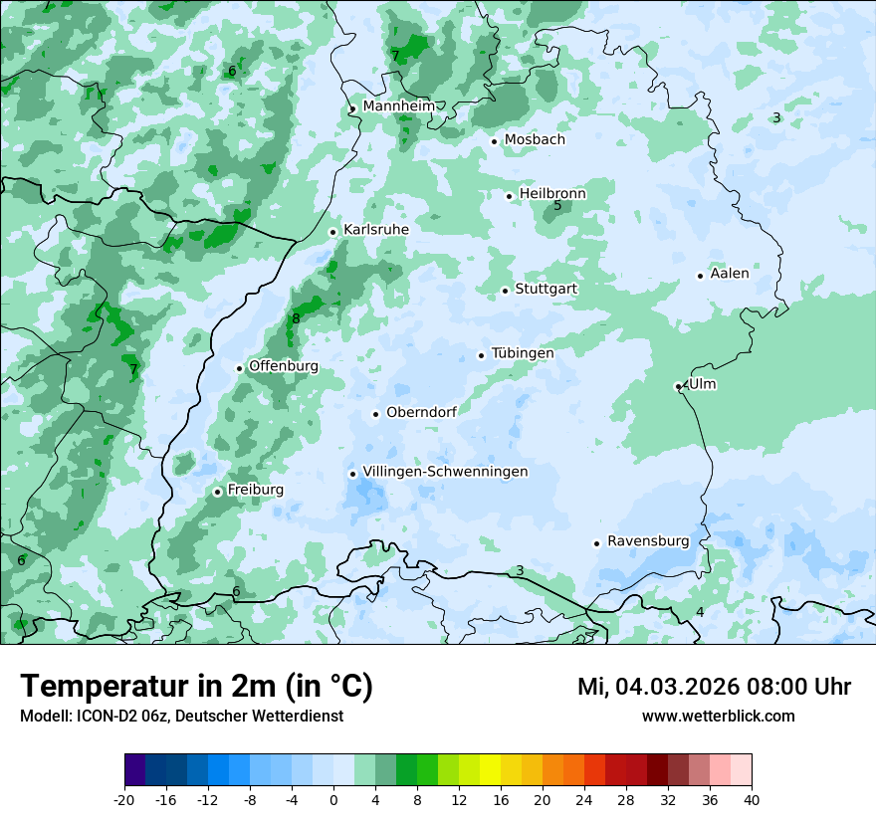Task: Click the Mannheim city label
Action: [398, 106]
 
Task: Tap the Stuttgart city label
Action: [546, 289]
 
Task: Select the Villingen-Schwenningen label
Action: [445, 472]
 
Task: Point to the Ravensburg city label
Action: [648, 541]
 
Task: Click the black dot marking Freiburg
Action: [217, 492]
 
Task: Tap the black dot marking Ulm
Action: [678, 386]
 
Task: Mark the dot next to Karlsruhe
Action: [333, 232]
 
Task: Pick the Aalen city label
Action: [730, 274]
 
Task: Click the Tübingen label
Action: [523, 353]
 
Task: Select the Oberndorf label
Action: [421, 412]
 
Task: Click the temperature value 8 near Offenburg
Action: [296, 319]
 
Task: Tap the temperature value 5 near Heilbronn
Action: [557, 206]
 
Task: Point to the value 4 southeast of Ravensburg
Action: [700, 612]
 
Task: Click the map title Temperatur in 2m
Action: [196, 687]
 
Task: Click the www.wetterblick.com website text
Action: [718, 717]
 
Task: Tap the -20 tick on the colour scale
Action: [124, 799]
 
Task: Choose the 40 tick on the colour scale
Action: [752, 799]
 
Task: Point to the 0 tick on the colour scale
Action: [333, 799]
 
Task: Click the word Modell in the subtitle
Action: [44, 717]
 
